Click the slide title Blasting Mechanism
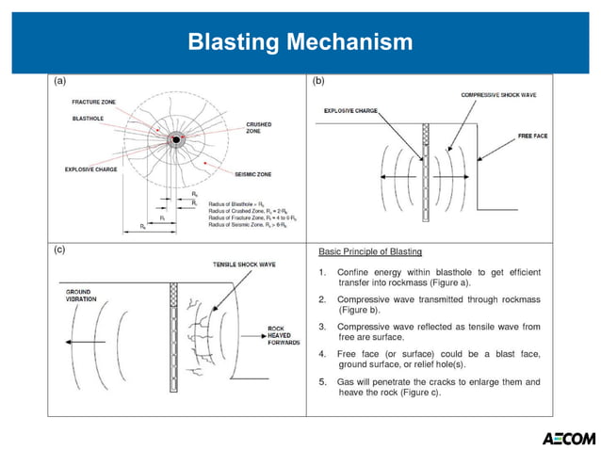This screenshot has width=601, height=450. click(300, 41)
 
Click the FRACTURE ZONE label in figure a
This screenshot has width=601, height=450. click(93, 101)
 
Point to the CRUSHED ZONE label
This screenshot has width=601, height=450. click(259, 128)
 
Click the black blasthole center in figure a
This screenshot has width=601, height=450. click(175, 140)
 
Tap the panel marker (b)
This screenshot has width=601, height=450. click(317, 82)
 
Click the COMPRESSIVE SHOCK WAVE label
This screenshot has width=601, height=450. click(498, 95)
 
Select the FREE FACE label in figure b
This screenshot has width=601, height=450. click(533, 137)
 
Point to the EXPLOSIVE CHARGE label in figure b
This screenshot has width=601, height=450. click(350, 111)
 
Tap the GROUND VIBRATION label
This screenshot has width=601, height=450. click(78, 297)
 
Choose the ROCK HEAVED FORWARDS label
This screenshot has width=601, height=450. click(282, 336)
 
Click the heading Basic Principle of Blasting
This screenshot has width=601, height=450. click(370, 251)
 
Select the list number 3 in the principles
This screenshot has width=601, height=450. click(322, 326)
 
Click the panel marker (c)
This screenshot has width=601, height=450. click(60, 250)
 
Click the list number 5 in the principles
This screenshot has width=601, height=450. click(322, 381)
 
